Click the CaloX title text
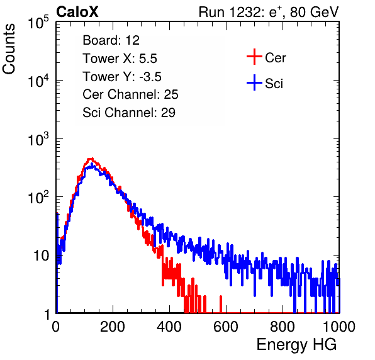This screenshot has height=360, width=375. pos(77,12)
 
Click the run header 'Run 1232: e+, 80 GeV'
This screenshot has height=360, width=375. pos(269,12)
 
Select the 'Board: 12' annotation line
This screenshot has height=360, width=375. pos(111,40)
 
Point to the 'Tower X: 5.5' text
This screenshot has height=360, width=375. pos(120,59)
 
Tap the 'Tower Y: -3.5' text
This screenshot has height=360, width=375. pos(122,77)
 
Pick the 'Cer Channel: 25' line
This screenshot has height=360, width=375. pos(130,94)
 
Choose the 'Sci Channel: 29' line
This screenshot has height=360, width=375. pos(129,113)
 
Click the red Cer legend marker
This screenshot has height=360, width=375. pos(254,57)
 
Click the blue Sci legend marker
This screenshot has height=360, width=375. pos(254,83)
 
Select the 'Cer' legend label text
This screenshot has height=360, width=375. pos(275,58)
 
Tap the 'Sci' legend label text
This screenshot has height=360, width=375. pos(274,84)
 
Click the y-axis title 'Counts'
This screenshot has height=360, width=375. pos(9,49)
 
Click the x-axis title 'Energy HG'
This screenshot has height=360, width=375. pos(296,345)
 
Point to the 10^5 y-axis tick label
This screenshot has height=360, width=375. pos(38,23)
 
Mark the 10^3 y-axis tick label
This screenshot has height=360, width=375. pos(38,139)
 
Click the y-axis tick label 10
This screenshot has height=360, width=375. pos(41,256)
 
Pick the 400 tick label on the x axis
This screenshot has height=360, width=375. pos(169,327)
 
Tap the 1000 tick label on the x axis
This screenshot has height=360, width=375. pos(339,327)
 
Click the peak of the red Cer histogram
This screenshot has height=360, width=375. pos(90,159)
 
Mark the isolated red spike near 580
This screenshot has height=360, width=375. pos(221,304)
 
